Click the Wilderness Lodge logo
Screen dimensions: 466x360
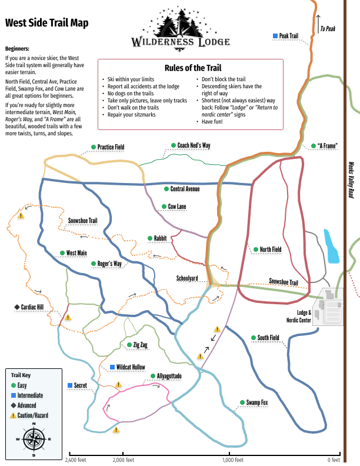pos(181,28)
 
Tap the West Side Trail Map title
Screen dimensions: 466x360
pos(47,23)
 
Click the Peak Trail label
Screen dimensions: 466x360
pos(289,36)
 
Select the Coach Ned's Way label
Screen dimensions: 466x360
pos(194,145)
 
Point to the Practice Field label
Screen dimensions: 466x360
pos(111,147)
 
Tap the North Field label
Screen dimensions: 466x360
pos(271,249)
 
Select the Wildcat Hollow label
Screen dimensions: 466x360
pos(130,367)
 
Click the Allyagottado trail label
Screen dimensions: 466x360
pos(169,376)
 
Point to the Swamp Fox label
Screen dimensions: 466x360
pos(257,402)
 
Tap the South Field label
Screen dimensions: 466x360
pos(268,338)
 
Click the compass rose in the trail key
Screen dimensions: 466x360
pos(34,439)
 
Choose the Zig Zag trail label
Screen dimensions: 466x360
pos(140,345)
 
